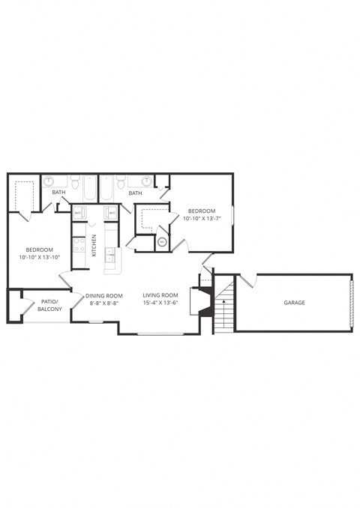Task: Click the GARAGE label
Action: click(x=294, y=303)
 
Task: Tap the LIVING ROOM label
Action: click(x=160, y=295)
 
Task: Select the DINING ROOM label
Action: click(x=104, y=295)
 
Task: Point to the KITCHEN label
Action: click(x=94, y=245)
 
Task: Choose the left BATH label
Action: click(x=58, y=193)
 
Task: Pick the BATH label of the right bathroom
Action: click(x=135, y=193)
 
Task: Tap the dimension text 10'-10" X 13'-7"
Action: click(x=202, y=219)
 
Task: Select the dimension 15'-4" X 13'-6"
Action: click(x=160, y=304)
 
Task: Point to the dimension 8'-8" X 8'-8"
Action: click(x=104, y=304)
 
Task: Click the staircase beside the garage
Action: click(x=225, y=306)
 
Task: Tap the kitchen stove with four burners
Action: click(x=79, y=244)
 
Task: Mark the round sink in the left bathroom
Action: click(x=49, y=181)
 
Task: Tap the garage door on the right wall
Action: click(x=350, y=302)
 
